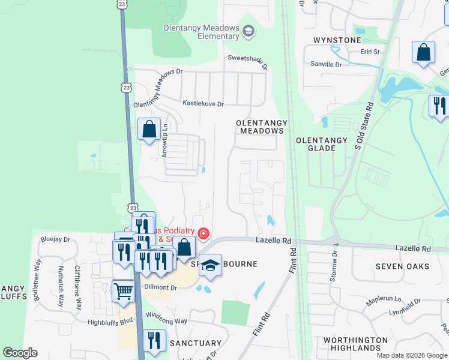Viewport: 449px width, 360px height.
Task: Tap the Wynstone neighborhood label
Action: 337,40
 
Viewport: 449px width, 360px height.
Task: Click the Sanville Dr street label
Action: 326,64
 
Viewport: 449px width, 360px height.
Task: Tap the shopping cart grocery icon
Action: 124,291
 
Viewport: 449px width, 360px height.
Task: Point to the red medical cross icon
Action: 203,232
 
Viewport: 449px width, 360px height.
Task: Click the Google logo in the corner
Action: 20,353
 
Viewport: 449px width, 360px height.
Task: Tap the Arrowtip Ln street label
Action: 165,140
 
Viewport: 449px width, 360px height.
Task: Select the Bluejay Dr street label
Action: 55,239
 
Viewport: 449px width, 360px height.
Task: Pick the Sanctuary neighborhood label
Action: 195,343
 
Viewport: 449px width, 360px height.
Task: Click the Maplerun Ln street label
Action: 384,298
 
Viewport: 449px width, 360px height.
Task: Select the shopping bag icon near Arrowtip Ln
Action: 148,129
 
